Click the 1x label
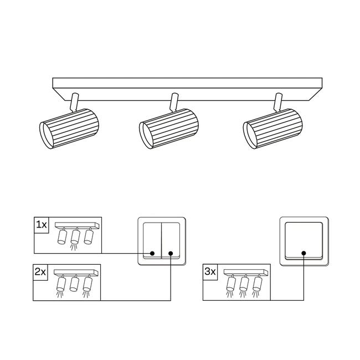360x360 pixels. tap(42, 225)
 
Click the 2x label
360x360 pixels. tap(40, 272)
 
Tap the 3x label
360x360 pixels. tap(210, 272)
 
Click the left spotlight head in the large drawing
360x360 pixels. tap(69, 128)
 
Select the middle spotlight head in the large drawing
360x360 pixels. tap(169, 129)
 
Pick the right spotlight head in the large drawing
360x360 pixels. tap(272, 129)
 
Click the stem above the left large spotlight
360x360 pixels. tap(75, 102)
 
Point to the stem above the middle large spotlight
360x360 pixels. tap(174, 102)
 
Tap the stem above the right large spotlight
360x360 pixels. tap(277, 102)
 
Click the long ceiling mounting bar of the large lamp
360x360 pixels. tap(187, 89)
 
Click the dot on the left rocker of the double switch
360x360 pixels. tap(152, 254)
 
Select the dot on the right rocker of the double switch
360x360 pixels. tap(171, 254)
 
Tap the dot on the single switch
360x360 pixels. tap(304, 254)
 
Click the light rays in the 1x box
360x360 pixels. tap(74, 248)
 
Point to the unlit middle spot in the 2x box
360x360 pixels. tap(74, 284)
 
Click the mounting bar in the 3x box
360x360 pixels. tap(246, 272)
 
